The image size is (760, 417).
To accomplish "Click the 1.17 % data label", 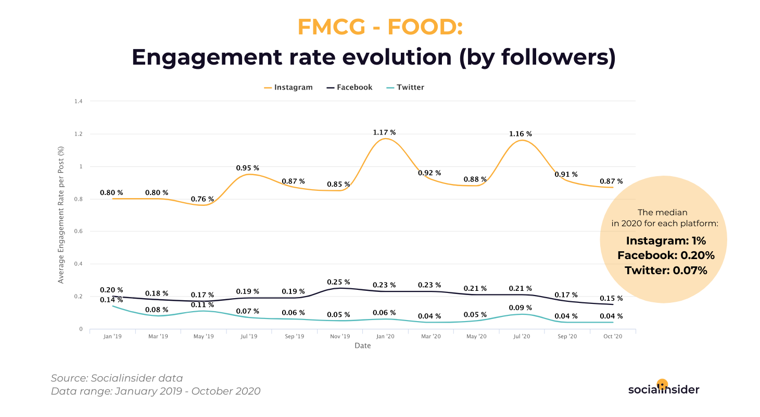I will pyautogui.click(x=384, y=133).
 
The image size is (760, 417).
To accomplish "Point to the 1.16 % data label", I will pyautogui.click(x=521, y=134).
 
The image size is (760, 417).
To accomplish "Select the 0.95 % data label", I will pyautogui.click(x=248, y=168).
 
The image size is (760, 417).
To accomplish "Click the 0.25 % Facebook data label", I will pyautogui.click(x=338, y=282).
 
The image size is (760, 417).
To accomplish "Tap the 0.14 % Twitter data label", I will pyautogui.click(x=112, y=300).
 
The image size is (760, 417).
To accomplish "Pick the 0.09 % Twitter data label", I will pyautogui.click(x=521, y=308).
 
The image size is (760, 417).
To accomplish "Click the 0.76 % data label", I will pyautogui.click(x=202, y=199).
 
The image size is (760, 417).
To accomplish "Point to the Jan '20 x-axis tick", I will pyautogui.click(x=385, y=337).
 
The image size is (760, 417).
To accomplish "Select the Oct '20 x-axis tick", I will pyautogui.click(x=612, y=337).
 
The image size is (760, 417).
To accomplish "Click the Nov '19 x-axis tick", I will pyautogui.click(x=339, y=337).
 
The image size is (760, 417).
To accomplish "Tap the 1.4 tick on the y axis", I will pyautogui.click(x=79, y=101).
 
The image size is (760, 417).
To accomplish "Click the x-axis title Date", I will pyautogui.click(x=363, y=346).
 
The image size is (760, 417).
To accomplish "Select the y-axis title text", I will pyautogui.click(x=61, y=215).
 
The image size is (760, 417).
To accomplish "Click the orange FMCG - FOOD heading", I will pyautogui.click(x=380, y=27).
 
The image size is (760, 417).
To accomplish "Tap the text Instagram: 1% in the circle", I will pyautogui.click(x=666, y=241).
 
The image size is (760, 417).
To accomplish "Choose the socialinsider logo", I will pyautogui.click(x=663, y=389).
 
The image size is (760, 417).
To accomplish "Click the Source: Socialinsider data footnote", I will pyautogui.click(x=117, y=378).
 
